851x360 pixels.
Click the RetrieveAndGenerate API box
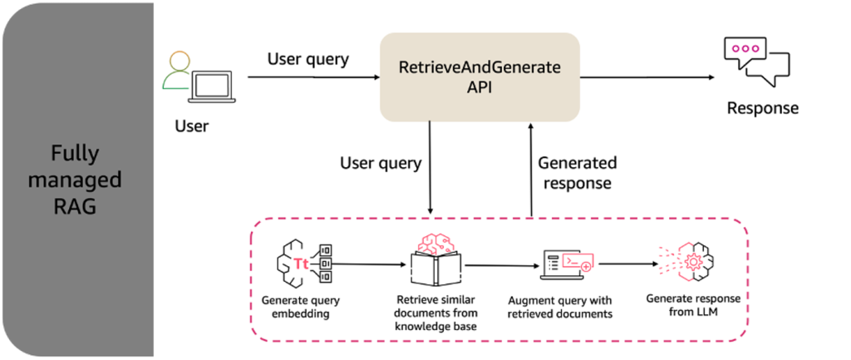pyautogui.click(x=480, y=76)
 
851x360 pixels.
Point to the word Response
pyautogui.click(x=762, y=108)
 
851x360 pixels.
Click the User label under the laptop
pyautogui.click(x=192, y=126)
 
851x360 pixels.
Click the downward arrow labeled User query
pyautogui.click(x=430, y=166)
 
